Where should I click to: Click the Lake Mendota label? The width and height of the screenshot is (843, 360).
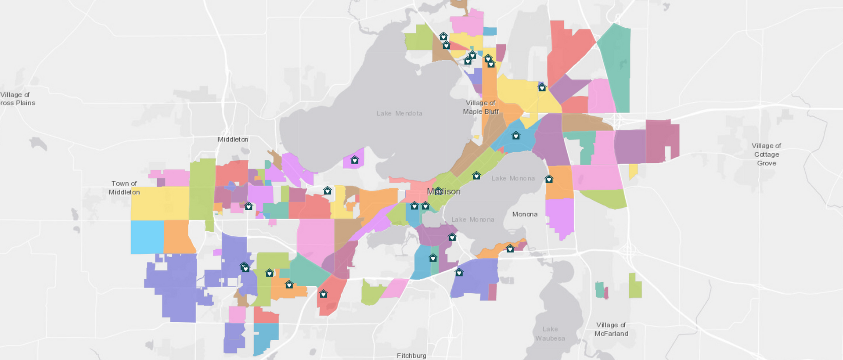tap(399, 113)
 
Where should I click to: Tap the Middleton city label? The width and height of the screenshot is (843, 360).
tap(233, 139)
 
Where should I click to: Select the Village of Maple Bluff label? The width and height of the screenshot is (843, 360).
tap(480, 107)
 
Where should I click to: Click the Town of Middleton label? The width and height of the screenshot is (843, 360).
tap(124, 187)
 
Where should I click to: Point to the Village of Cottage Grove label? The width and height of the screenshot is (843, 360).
tap(766, 154)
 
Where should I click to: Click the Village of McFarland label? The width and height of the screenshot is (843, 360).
tap(611, 329)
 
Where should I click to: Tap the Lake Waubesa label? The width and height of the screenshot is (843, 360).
tap(550, 333)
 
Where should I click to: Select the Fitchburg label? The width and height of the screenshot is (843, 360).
tap(411, 355)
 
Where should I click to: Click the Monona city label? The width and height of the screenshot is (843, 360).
tap(525, 214)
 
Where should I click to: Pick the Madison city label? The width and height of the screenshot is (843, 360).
tap(444, 191)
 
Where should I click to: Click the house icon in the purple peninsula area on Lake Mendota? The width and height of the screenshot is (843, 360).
tap(354, 160)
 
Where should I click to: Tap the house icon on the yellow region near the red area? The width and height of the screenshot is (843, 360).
tap(542, 87)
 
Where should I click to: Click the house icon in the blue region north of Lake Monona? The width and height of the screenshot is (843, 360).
tap(516, 136)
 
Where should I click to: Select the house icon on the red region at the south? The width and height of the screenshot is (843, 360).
tap(323, 294)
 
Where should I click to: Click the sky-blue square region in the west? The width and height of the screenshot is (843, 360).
tap(147, 237)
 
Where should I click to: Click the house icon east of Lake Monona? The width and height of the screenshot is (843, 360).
tap(549, 179)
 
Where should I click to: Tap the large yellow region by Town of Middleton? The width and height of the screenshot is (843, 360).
tap(159, 203)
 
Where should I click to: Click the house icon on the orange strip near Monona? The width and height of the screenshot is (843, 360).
tap(510, 249)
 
